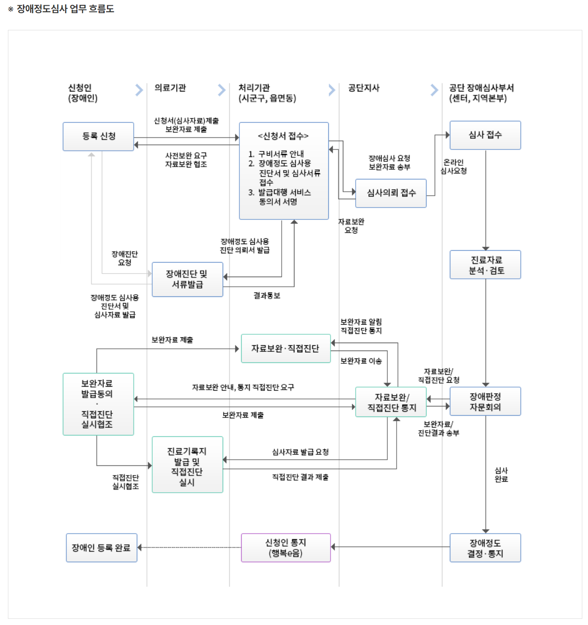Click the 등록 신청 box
(98, 136)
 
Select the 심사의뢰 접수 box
(391, 193)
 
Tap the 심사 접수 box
(485, 135)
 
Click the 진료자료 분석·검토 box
(485, 265)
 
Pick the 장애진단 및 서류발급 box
(187, 279)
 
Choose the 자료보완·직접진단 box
(286, 348)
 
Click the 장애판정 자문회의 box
(485, 402)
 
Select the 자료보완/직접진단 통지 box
(391, 402)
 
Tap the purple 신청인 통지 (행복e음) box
(286, 548)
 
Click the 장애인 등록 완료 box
(101, 548)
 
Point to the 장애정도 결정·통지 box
(485, 548)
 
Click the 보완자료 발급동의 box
(98, 404)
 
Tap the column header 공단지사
(364, 88)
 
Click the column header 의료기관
(170, 88)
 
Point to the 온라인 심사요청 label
(454, 167)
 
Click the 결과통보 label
(267, 296)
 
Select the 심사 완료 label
(501, 475)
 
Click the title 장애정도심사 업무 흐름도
(65, 9)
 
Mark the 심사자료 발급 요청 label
(300, 452)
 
